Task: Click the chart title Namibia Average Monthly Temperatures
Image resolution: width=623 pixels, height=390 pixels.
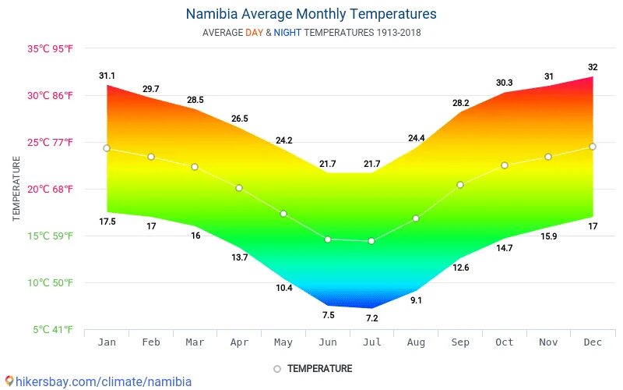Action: click(x=311, y=14)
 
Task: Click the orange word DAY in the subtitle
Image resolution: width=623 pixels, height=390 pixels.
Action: click(x=255, y=33)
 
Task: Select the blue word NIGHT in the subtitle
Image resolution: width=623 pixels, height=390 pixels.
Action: click(x=287, y=33)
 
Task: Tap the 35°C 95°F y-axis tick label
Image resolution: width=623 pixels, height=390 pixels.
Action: click(x=51, y=49)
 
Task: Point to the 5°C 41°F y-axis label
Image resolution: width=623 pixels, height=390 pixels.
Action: click(x=53, y=330)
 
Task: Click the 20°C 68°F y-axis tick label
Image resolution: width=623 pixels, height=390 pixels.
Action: click(x=51, y=190)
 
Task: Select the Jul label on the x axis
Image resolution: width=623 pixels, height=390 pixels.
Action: click(x=371, y=342)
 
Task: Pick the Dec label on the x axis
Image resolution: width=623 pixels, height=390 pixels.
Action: click(x=593, y=342)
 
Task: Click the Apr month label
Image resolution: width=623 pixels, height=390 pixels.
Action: click(x=239, y=342)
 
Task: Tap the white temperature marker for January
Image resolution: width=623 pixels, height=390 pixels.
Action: click(x=107, y=148)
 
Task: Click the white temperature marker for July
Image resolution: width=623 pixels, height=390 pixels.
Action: click(x=371, y=241)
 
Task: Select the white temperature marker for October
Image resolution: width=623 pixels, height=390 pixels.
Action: click(x=505, y=165)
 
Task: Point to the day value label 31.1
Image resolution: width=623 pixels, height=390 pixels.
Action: click(x=107, y=76)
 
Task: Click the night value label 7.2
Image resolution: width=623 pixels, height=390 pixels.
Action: click(x=371, y=318)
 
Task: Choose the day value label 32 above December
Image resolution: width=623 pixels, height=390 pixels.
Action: click(x=593, y=67)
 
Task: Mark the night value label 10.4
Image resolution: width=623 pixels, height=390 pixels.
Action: click(x=283, y=288)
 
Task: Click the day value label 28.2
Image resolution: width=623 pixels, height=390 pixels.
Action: click(x=460, y=103)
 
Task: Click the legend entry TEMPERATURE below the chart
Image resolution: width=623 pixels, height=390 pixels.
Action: click(x=319, y=369)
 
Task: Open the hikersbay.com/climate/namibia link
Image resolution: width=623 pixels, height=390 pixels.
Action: click(x=97, y=381)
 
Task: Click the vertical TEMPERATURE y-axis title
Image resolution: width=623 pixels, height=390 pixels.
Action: click(x=16, y=189)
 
